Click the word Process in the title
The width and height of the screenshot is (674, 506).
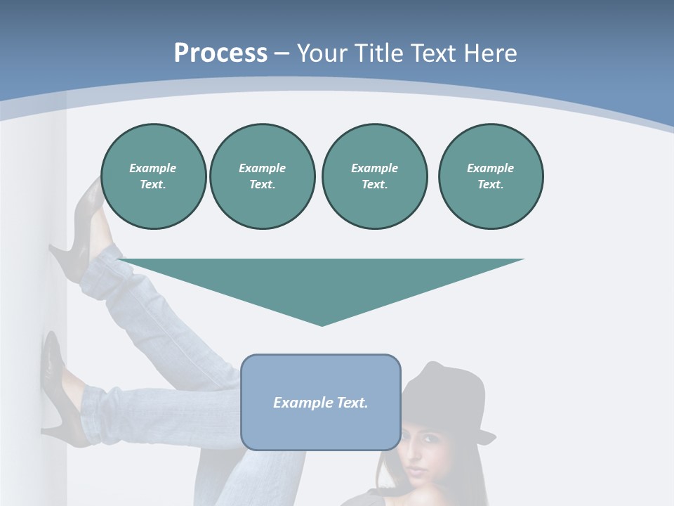[x=220, y=53]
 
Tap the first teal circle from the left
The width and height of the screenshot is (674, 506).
[x=153, y=176]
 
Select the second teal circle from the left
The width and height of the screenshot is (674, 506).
[x=262, y=176]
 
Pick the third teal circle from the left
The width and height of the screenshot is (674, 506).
[x=374, y=176]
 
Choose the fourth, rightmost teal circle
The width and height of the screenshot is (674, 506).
[x=490, y=176]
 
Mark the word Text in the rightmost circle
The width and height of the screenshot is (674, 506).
[x=490, y=184]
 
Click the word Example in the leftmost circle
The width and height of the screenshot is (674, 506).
[x=153, y=168]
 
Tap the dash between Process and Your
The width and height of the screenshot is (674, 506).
[x=282, y=53]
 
